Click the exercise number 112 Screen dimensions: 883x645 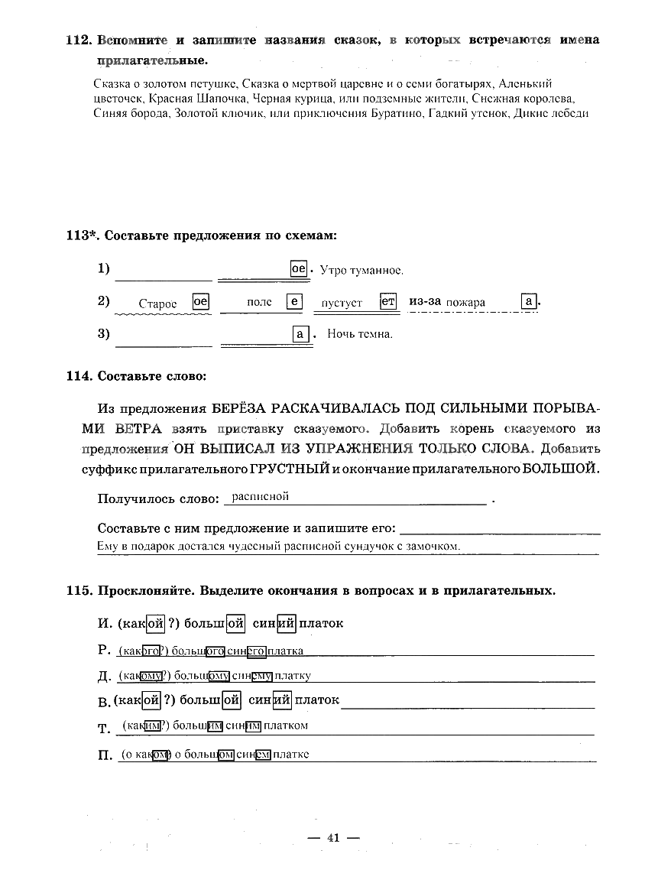coord(79,40)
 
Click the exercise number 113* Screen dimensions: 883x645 coord(82,235)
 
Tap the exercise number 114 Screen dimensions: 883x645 coord(79,375)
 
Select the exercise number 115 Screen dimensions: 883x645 coord(79,591)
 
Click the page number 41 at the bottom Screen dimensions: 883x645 coord(332,837)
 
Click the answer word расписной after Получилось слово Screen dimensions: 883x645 coord(260,497)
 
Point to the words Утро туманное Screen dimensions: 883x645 coord(361,271)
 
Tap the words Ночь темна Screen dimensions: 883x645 coord(360,334)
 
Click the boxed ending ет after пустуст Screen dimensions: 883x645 coord(388,302)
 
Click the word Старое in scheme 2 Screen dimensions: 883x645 coord(157,304)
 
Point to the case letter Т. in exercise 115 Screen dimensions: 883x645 coord(105,729)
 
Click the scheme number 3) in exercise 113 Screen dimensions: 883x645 coord(104,334)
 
